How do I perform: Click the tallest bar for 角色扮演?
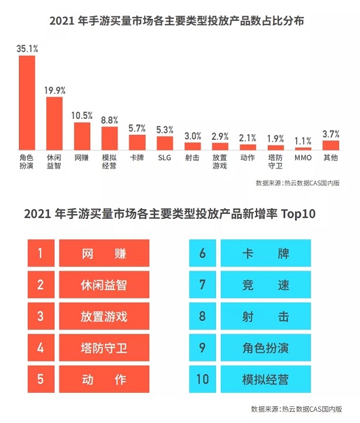[x=27, y=103]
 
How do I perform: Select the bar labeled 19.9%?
[x=55, y=123]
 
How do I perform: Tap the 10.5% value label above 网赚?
[x=82, y=115]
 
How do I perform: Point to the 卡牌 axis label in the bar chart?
[x=137, y=158]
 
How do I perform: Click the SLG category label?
[x=165, y=158]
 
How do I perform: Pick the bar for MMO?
[x=303, y=148]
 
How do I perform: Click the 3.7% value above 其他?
[x=331, y=133]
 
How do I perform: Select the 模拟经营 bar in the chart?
[x=110, y=138]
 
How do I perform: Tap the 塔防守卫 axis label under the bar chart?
[x=275, y=162]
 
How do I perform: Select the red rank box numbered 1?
[x=41, y=252]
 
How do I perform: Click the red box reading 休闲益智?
[x=104, y=285]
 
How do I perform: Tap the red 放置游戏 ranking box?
[x=104, y=317]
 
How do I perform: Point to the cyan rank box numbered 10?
[x=202, y=380]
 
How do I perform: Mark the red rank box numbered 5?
[x=41, y=380]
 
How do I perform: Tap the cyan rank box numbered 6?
[x=202, y=252]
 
